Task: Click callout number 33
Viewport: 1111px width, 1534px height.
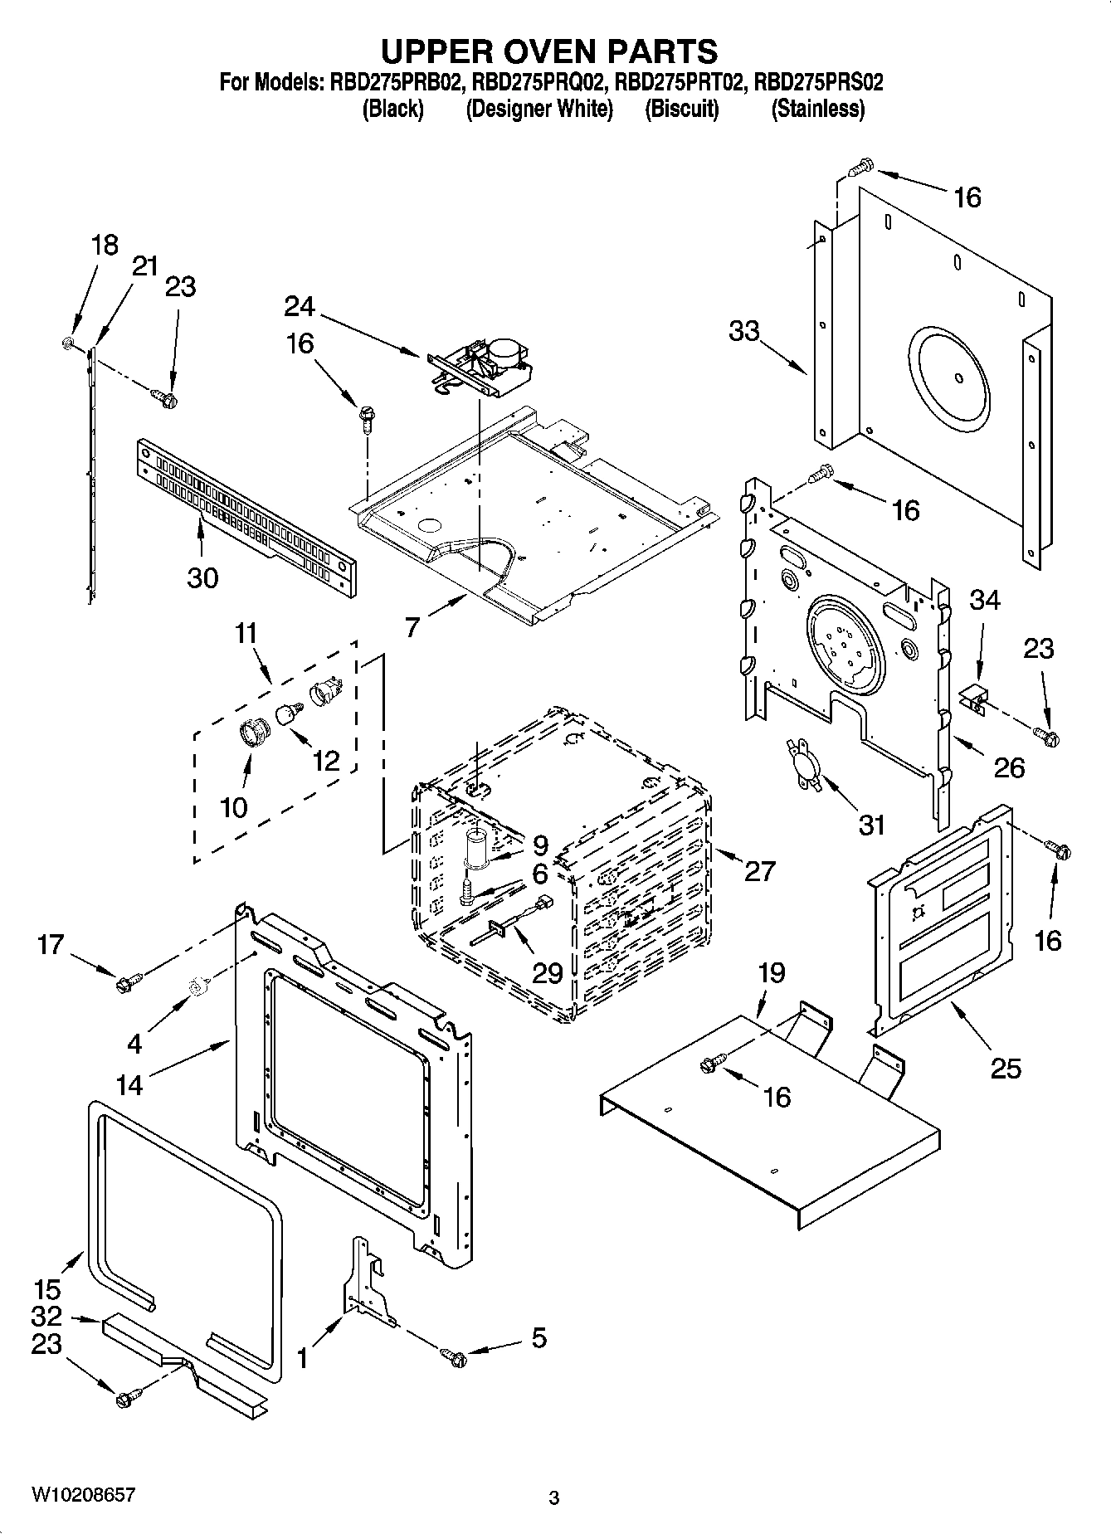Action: point(744,331)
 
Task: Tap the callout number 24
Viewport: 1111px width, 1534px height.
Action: point(299,306)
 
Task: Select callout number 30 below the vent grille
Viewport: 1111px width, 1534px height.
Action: point(202,577)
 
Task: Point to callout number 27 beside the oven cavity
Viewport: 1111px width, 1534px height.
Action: point(758,870)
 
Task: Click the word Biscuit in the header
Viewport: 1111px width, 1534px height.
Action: point(681,109)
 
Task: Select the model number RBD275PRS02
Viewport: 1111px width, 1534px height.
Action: point(818,82)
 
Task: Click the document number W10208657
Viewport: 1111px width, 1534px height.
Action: point(83,1495)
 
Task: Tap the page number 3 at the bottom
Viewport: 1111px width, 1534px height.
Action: point(554,1498)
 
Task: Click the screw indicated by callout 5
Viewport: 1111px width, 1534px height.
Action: point(454,1356)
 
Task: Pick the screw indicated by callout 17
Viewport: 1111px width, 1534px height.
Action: point(129,983)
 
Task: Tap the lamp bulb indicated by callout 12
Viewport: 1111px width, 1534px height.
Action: point(288,713)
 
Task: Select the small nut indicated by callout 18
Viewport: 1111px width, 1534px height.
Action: point(69,342)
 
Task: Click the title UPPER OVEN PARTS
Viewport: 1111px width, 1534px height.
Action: point(548,51)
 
